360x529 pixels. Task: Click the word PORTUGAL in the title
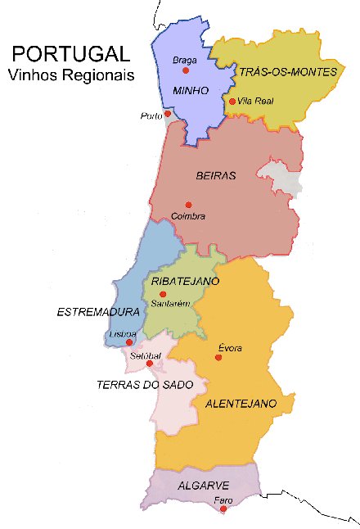click(x=70, y=55)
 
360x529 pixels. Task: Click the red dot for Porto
click(x=168, y=114)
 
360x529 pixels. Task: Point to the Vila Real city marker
click(x=232, y=102)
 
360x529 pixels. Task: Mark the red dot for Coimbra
click(x=188, y=205)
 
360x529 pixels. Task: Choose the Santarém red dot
click(x=163, y=294)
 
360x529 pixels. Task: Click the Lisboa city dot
click(x=129, y=342)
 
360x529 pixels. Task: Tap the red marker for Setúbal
click(x=149, y=363)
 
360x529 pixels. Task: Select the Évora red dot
click(x=219, y=358)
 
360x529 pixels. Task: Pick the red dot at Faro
click(x=223, y=509)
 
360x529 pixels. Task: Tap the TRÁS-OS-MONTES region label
click(x=288, y=72)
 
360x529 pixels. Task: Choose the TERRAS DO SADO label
click(x=144, y=384)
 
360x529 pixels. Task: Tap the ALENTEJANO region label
click(x=241, y=404)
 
